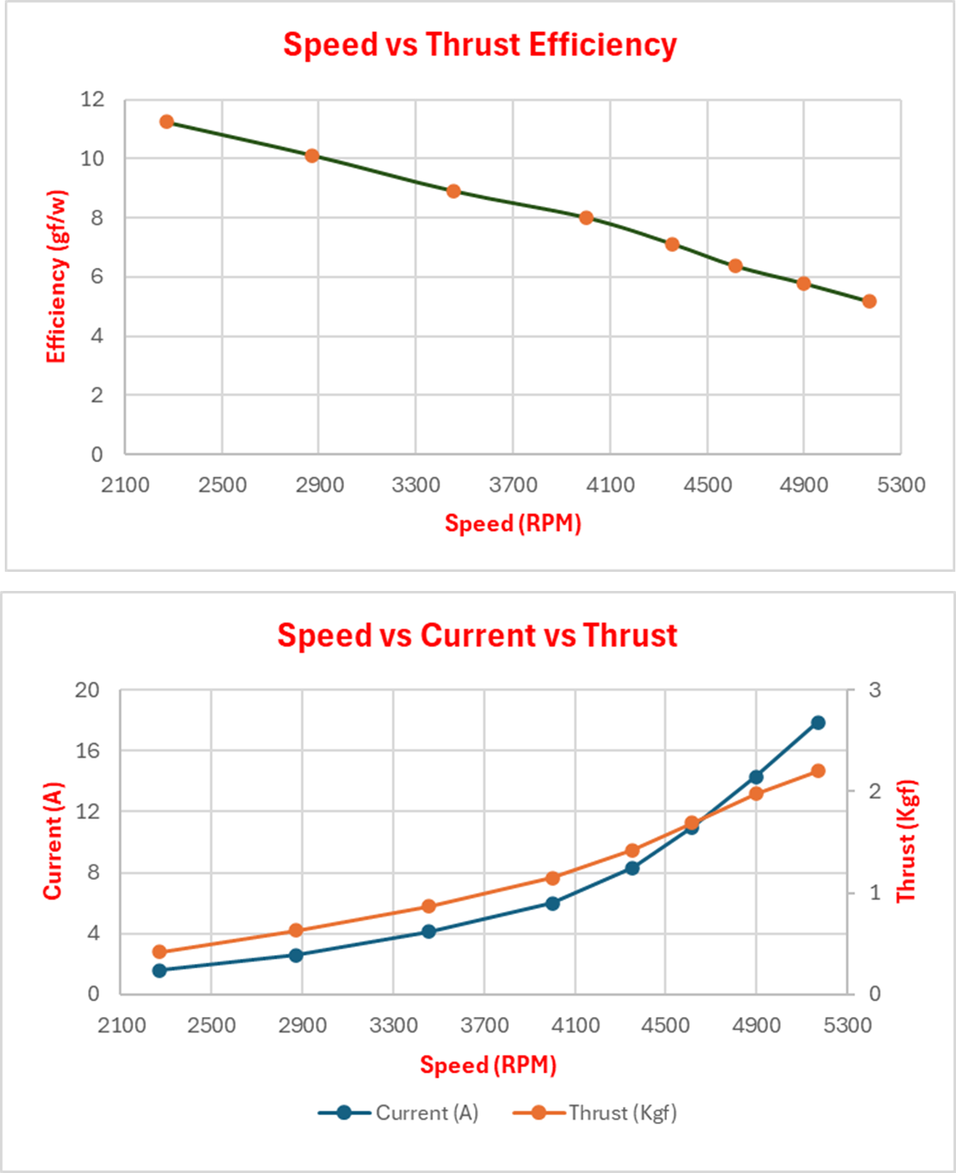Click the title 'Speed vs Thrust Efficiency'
(x=480, y=45)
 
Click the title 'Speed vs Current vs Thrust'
(x=477, y=635)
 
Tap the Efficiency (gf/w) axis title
(x=56, y=276)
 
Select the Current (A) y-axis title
(x=53, y=841)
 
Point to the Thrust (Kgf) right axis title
(x=906, y=841)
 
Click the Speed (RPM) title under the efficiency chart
(x=512, y=523)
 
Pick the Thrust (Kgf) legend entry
(x=595, y=1113)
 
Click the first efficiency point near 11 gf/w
(x=167, y=122)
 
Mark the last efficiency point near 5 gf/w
(x=869, y=301)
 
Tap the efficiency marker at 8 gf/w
(x=586, y=218)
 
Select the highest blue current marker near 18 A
(x=818, y=722)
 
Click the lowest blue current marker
(x=159, y=971)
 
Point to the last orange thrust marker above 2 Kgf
(x=818, y=771)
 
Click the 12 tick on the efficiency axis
(x=93, y=100)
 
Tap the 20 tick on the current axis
(x=87, y=690)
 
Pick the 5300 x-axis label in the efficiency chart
(x=901, y=485)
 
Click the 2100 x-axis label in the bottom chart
(x=121, y=1025)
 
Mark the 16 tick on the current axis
(x=87, y=751)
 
